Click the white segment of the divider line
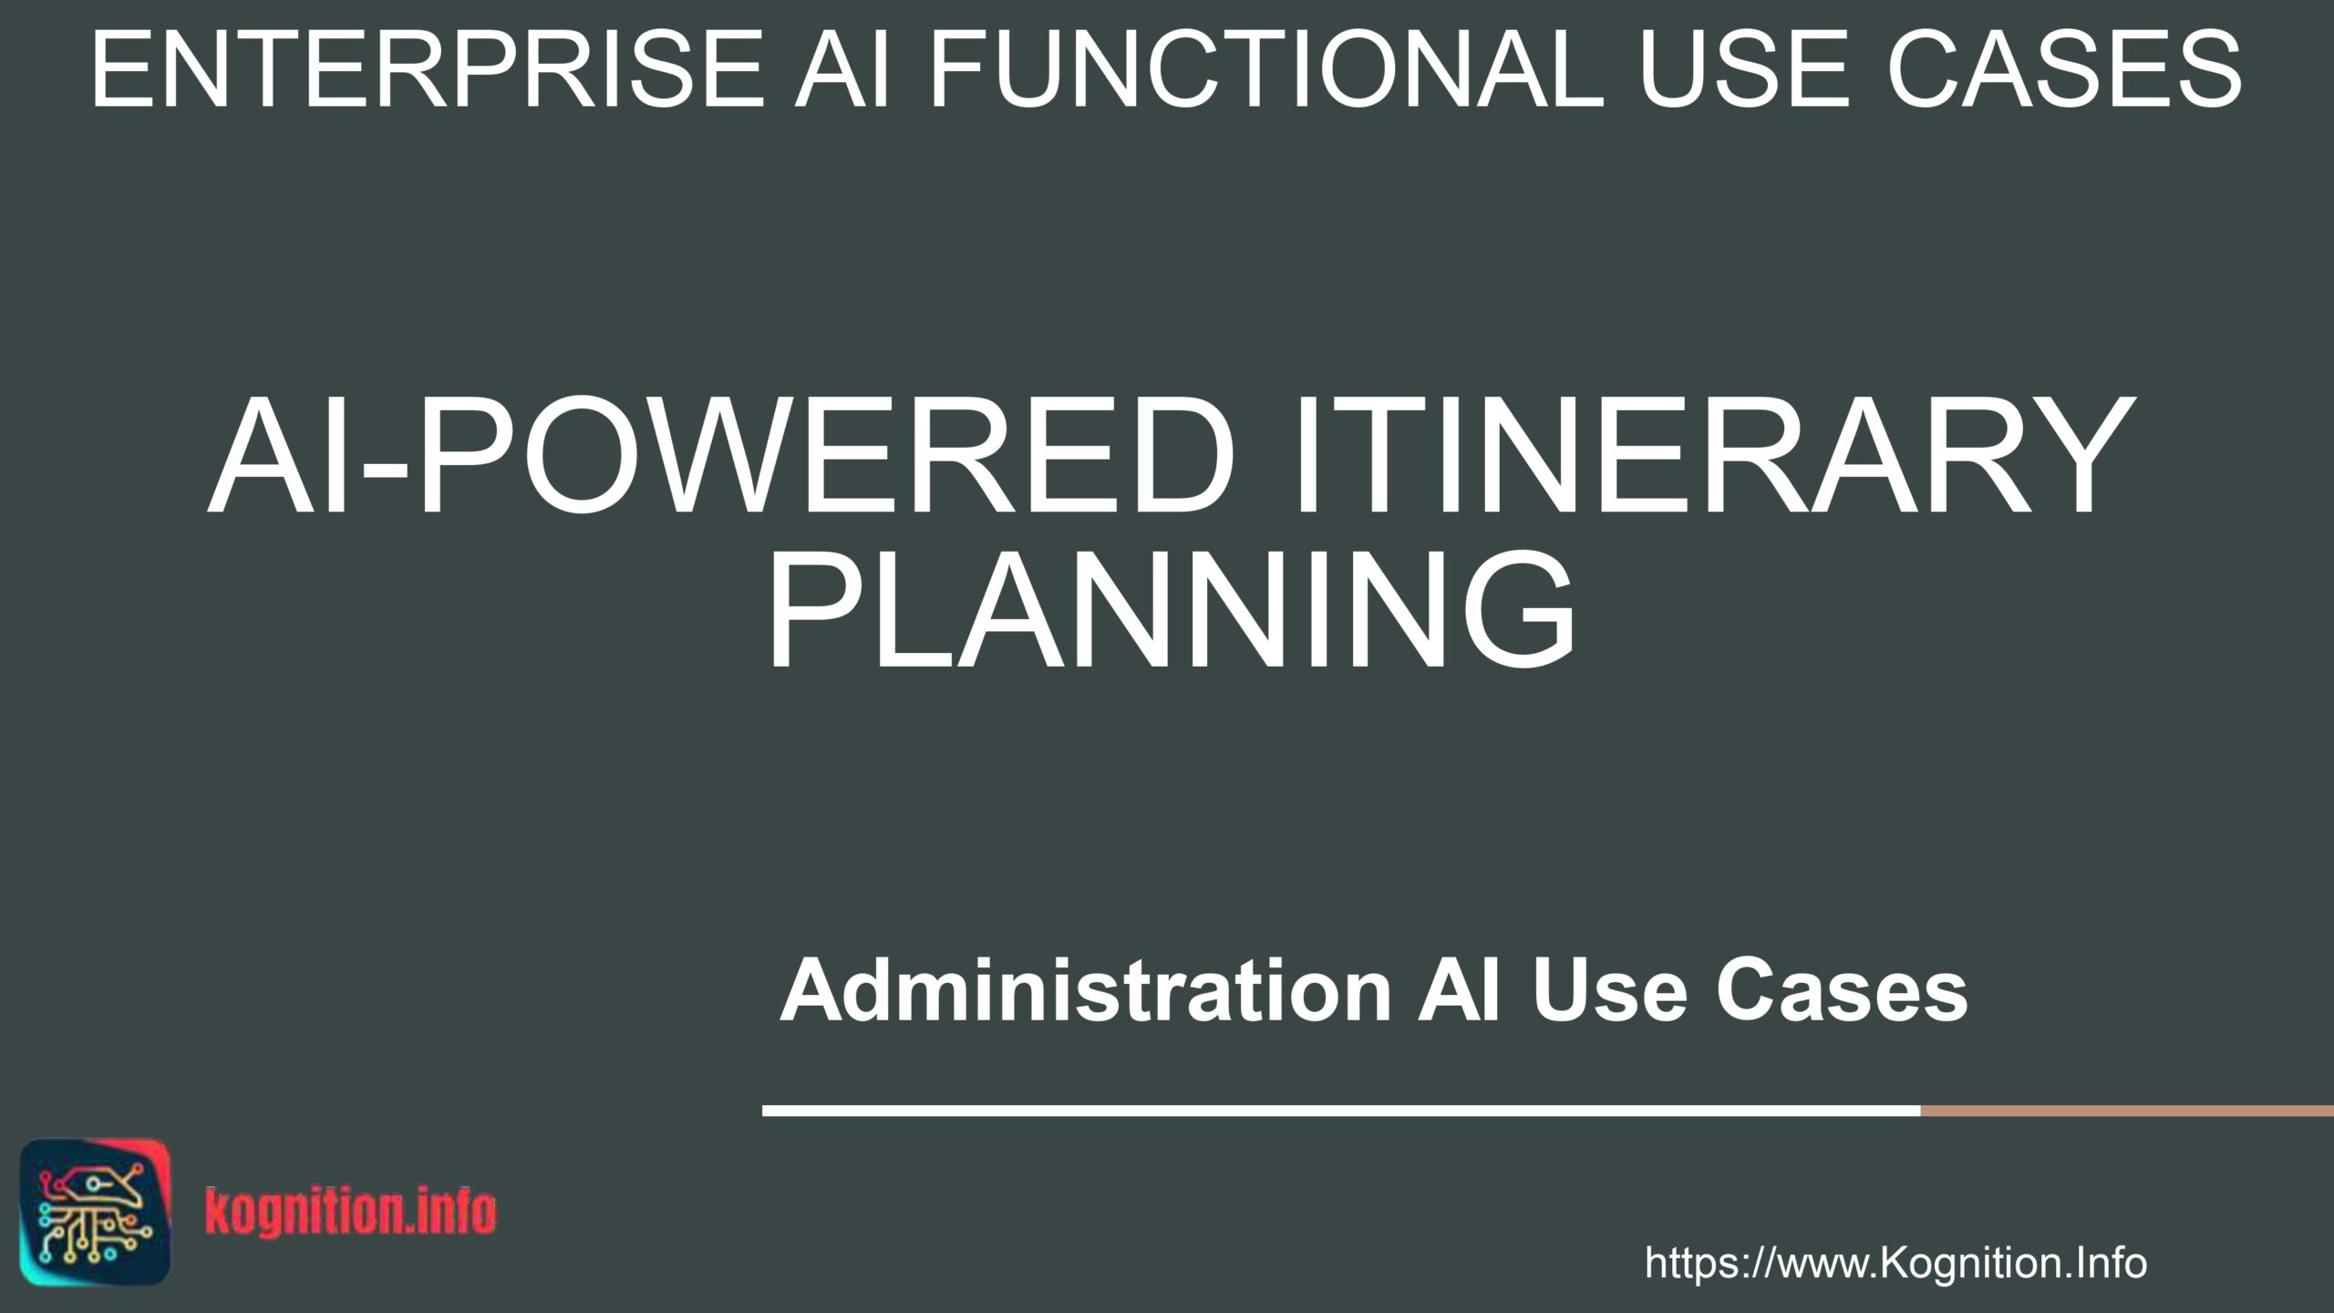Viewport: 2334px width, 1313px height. pyautogui.click(x=1341, y=1111)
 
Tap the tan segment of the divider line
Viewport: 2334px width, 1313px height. pyautogui.click(x=2127, y=1111)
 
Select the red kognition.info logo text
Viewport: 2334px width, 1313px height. pyautogui.click(x=351, y=1212)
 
